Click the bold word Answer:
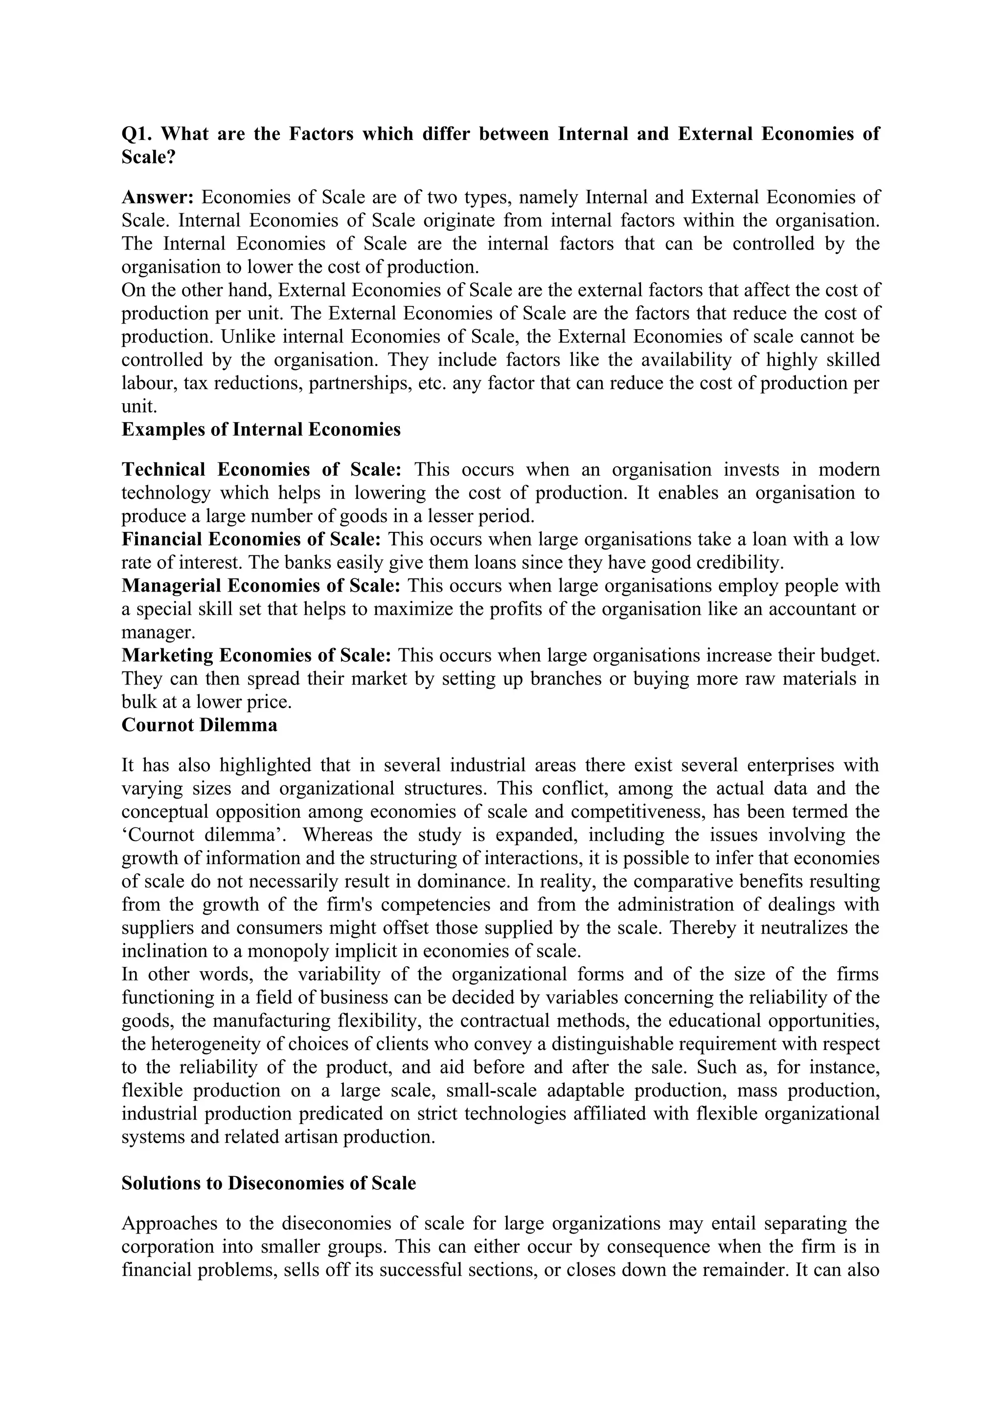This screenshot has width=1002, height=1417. tap(158, 198)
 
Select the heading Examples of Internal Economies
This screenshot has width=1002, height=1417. tap(261, 430)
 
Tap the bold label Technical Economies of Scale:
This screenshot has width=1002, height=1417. tap(262, 470)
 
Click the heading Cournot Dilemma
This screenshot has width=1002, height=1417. tap(199, 725)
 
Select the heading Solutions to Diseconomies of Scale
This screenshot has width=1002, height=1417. tap(269, 1183)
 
